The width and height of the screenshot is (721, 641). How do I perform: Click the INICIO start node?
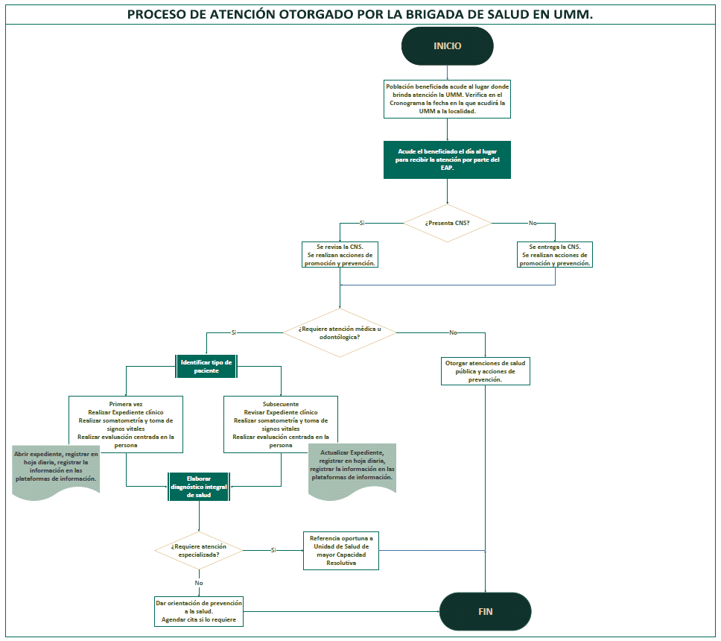pos(447,46)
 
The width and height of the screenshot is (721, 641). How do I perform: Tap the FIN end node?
pos(485,612)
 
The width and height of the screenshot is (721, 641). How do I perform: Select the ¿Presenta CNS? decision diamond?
pos(447,223)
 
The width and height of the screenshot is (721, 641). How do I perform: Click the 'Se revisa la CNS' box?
pos(340,255)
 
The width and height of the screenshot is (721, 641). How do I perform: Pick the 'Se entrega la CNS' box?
pos(555,255)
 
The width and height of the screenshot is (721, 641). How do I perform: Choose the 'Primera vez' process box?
pos(126,424)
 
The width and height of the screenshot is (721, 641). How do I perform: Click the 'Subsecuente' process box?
pos(281,424)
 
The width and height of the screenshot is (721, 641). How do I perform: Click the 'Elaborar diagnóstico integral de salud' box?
pos(199,487)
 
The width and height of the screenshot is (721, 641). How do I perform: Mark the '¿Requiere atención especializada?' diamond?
pos(199,550)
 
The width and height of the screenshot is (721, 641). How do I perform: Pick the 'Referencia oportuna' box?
pos(341,550)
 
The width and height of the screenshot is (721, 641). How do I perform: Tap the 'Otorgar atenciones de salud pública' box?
pos(486,370)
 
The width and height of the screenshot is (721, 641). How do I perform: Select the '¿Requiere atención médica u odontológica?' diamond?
pos(340,332)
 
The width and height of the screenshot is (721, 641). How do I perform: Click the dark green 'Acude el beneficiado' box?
pos(447,160)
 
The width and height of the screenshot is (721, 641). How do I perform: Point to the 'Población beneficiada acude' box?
pos(447,98)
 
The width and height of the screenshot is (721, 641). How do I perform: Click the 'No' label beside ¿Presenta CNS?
pos(532,223)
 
